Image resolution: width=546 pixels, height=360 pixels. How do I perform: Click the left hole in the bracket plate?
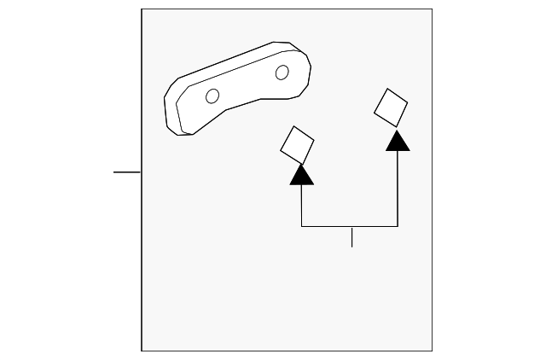(212, 96)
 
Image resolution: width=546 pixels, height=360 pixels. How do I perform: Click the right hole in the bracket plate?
(282, 73)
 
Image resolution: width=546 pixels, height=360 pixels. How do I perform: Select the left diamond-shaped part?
(298, 144)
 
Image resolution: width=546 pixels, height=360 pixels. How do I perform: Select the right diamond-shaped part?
(391, 106)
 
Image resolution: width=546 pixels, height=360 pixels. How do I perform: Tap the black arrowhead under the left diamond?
(302, 175)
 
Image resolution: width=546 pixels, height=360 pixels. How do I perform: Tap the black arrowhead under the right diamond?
(398, 141)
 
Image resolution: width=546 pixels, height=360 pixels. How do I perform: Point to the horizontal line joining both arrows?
(350, 226)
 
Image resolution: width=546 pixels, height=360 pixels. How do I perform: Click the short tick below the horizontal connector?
(351, 237)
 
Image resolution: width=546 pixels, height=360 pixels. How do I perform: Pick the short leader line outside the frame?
(127, 171)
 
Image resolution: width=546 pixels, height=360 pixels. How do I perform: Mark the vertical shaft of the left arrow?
(302, 205)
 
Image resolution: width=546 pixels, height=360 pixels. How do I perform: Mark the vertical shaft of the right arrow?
(398, 188)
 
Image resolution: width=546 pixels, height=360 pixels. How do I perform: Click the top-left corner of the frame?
(142, 9)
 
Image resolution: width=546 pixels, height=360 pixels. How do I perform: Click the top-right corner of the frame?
(432, 9)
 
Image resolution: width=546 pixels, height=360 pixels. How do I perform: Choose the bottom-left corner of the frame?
(142, 350)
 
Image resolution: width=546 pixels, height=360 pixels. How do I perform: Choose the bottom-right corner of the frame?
(432, 350)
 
